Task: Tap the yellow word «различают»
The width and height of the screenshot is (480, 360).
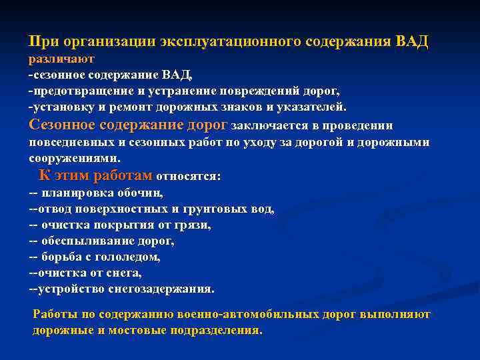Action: pos(61,58)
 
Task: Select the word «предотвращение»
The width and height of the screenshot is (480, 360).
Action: pos(73,89)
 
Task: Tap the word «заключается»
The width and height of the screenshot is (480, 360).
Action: pos(269,125)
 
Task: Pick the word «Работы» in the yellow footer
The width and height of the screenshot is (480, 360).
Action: pos(53,314)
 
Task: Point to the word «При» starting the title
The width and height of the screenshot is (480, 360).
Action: pos(43,41)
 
